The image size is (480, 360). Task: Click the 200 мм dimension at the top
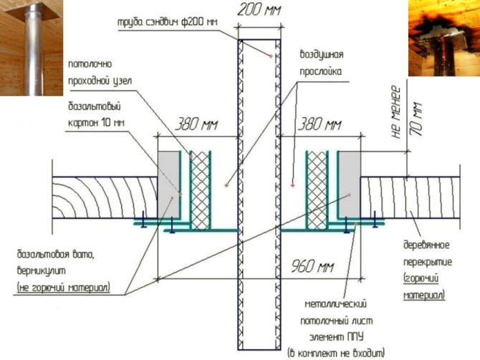(x=259, y=10)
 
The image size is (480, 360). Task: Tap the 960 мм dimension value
(x=312, y=266)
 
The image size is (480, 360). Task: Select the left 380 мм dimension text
(x=196, y=125)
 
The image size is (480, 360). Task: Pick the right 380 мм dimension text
(x=320, y=125)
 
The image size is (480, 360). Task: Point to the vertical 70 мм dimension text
(x=416, y=119)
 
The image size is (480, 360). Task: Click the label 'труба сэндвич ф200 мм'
(x=168, y=23)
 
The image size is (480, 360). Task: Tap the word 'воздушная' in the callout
(x=322, y=54)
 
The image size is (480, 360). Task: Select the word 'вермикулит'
(x=42, y=271)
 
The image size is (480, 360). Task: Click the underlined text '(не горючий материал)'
(x=64, y=288)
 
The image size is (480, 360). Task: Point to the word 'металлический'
(x=336, y=304)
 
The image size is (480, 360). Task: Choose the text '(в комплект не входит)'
(x=336, y=354)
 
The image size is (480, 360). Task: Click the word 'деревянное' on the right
(x=426, y=245)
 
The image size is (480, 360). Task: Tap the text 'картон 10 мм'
(x=96, y=122)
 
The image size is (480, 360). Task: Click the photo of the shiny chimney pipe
(x=32, y=48)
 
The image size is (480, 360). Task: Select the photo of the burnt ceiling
(x=444, y=38)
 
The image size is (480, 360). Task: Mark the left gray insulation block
(x=168, y=184)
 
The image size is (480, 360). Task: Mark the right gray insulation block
(x=350, y=184)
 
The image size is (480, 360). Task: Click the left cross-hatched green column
(x=200, y=190)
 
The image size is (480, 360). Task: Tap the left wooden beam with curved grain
(x=105, y=198)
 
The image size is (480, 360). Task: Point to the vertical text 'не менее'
(x=395, y=112)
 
